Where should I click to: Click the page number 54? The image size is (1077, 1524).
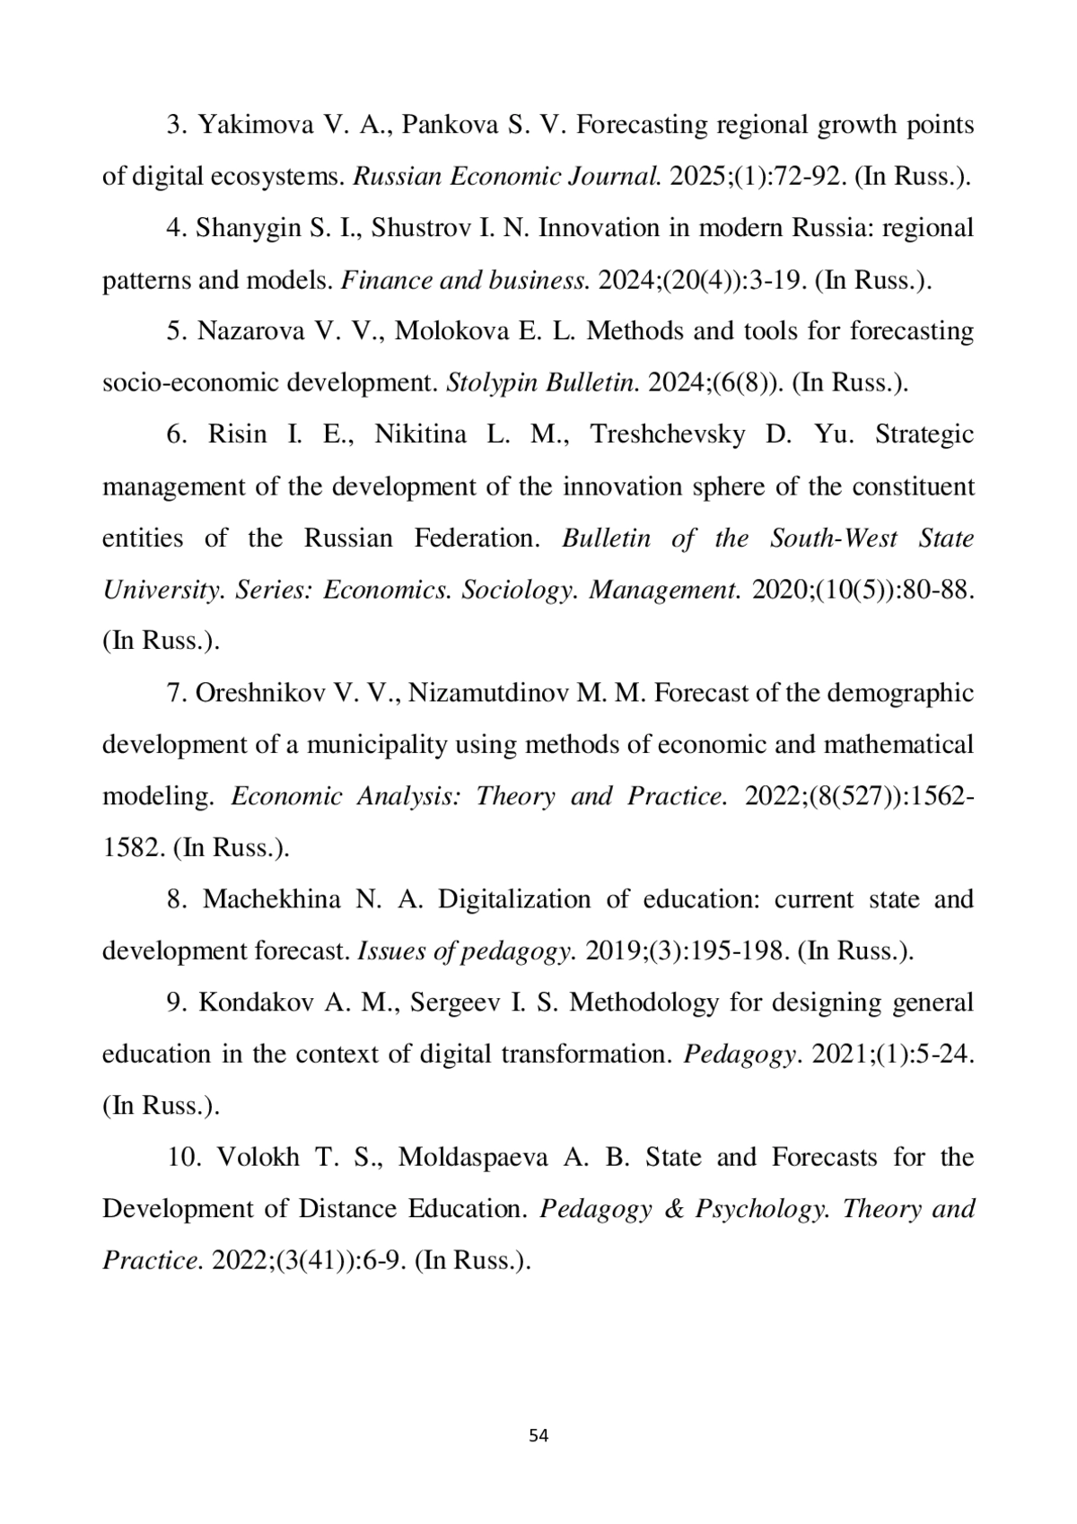click(538, 1435)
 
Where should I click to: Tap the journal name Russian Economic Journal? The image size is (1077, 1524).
click(507, 176)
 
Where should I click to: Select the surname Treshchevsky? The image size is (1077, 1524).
click(668, 434)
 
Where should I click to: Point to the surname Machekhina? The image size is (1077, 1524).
click(272, 899)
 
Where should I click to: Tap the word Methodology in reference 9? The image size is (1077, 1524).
click(644, 1003)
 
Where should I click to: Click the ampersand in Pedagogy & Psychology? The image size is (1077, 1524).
click(674, 1209)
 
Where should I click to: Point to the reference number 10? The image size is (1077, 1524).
click(182, 1158)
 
